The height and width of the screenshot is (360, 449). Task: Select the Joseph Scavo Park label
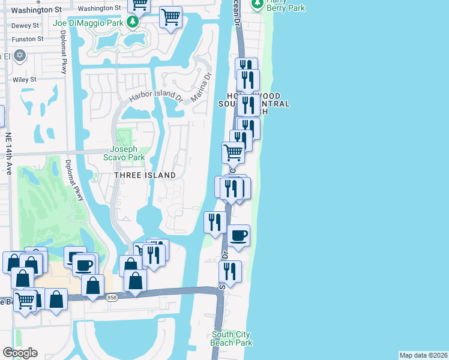[x=124, y=153]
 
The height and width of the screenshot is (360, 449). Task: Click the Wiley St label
[x=25, y=79]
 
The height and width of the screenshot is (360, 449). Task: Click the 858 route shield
[x=110, y=297]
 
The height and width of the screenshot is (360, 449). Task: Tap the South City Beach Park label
[x=232, y=338]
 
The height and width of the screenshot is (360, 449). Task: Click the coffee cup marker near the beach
[x=238, y=235]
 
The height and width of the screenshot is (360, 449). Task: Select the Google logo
[x=20, y=353]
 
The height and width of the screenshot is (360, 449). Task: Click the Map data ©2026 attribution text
[x=423, y=355]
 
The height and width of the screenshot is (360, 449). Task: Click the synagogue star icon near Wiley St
[x=20, y=56]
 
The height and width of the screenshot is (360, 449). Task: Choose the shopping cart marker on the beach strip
[x=233, y=152]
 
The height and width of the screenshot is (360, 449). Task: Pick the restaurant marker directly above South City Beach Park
[x=230, y=271]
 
